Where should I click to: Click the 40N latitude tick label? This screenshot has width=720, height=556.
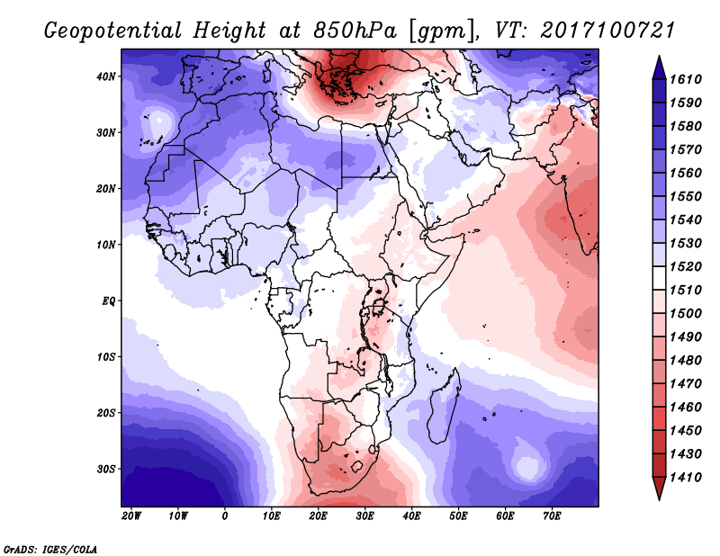click(x=106, y=76)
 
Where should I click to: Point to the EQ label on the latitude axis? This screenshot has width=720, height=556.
click(x=109, y=301)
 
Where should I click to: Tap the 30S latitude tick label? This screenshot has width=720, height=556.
click(x=106, y=470)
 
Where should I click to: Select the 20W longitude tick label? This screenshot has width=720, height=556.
click(x=131, y=516)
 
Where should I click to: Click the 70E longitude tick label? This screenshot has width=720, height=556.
click(x=552, y=516)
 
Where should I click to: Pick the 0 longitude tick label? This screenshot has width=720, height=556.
click(x=224, y=516)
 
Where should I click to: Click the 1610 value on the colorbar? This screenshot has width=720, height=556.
click(x=686, y=79)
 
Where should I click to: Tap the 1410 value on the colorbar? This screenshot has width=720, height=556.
click(x=686, y=478)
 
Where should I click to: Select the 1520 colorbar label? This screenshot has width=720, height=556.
click(x=686, y=266)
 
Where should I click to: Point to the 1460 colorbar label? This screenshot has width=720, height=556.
click(x=686, y=408)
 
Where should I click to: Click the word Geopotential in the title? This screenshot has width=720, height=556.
click(x=113, y=31)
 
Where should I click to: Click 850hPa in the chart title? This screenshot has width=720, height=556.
click(x=355, y=31)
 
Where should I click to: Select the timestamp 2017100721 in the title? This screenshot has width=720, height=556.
click(x=607, y=31)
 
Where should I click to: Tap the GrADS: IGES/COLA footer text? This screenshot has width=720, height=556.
click(x=50, y=550)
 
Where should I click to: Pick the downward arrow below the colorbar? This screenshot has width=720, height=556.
click(x=659, y=489)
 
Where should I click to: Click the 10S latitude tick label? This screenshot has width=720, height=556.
click(x=106, y=357)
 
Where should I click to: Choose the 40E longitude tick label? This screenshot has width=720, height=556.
click(x=411, y=516)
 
